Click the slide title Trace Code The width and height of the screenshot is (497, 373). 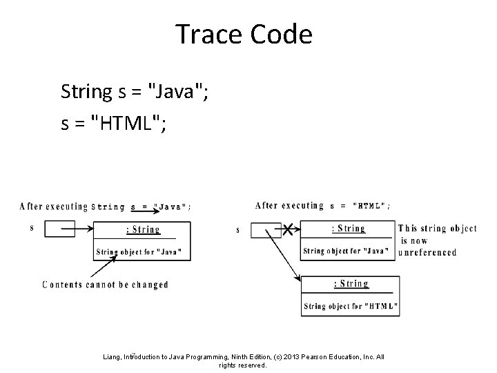tap(244, 34)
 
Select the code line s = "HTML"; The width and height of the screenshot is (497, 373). tap(114, 124)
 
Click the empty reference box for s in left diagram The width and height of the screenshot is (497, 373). tap(59, 229)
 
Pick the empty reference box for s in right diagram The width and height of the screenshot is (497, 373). tap(265, 230)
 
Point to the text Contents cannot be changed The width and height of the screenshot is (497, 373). tap(105, 285)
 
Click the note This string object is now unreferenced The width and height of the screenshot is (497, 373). tap(437, 240)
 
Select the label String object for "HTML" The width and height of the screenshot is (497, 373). tap(350, 306)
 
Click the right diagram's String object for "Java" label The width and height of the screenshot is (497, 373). tap(349, 251)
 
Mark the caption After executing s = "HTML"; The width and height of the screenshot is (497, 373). tap(322, 205)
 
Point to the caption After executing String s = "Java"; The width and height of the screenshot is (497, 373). tap(106, 206)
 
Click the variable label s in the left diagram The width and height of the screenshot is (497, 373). tap(32, 227)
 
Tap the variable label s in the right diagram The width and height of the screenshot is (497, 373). tap(238, 230)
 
